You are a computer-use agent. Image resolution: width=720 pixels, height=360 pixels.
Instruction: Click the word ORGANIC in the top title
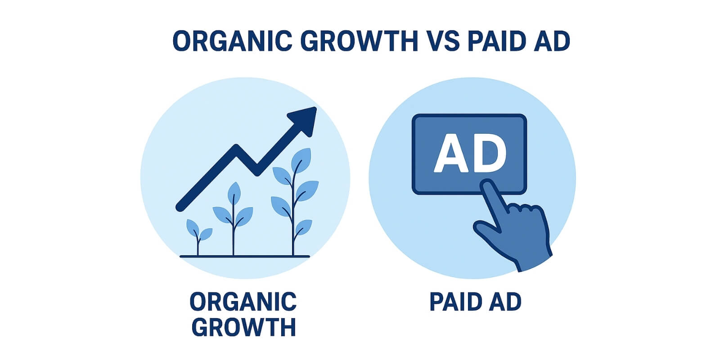pyautogui.click(x=232, y=41)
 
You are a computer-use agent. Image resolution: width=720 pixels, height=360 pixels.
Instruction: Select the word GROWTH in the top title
pyautogui.click(x=359, y=41)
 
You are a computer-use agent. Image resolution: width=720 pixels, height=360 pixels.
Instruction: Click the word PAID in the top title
pyautogui.click(x=497, y=41)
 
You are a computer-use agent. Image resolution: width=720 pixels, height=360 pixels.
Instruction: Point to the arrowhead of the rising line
pyautogui.click(x=304, y=121)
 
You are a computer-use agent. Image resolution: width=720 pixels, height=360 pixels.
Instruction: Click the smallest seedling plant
pyautogui.click(x=198, y=237)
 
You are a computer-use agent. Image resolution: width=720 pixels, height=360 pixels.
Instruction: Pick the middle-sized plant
pyautogui.click(x=234, y=219)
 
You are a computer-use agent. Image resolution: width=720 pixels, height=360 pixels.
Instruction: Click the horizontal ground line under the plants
pyautogui.click(x=245, y=256)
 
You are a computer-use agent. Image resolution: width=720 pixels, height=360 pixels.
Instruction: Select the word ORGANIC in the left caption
pyautogui.click(x=243, y=302)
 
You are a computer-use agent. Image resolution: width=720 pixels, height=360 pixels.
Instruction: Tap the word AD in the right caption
pyautogui.click(x=505, y=302)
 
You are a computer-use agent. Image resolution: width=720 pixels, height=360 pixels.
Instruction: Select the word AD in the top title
pyautogui.click(x=552, y=41)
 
